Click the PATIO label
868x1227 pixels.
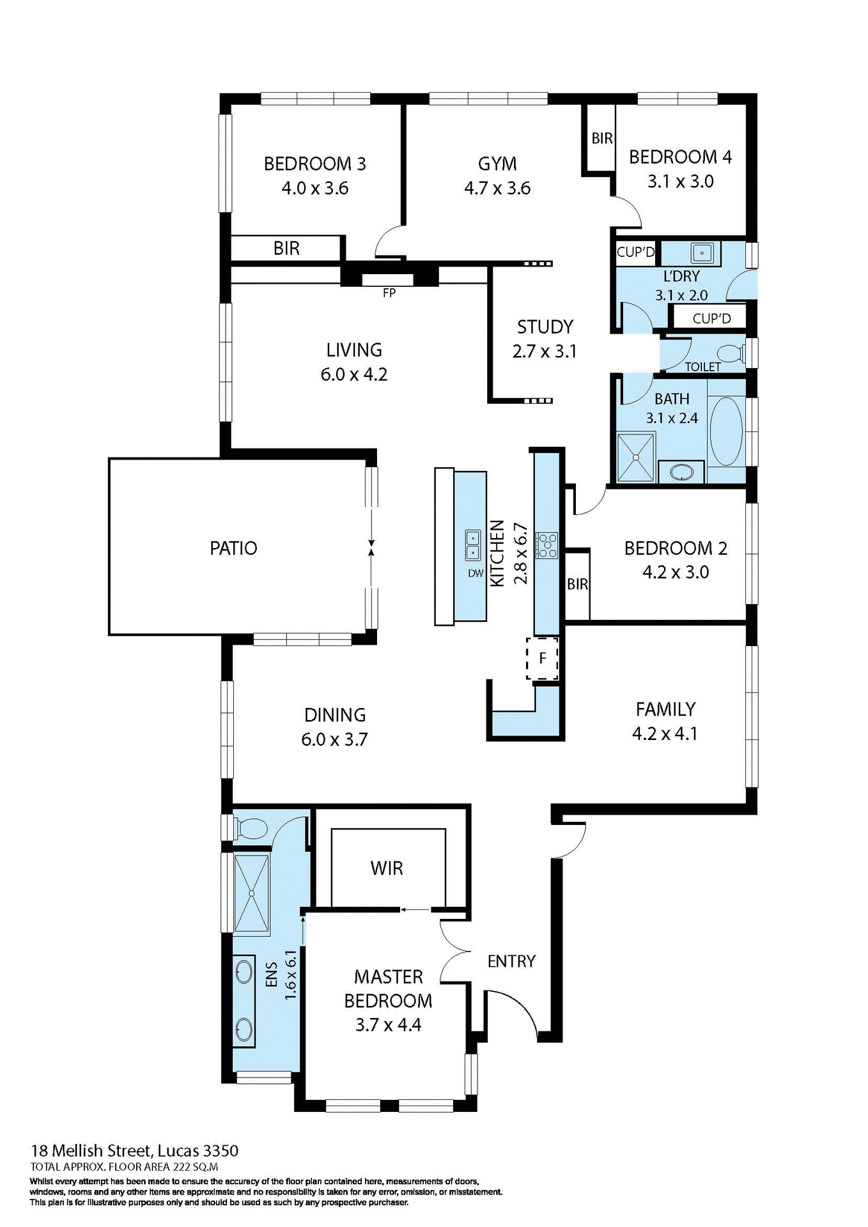(233, 548)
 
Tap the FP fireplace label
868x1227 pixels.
(389, 293)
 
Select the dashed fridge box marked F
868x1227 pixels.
(542, 658)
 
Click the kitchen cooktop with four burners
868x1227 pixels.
(547, 545)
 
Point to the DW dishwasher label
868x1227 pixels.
(476, 573)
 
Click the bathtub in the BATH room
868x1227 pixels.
(725, 431)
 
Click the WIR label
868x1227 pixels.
(387, 868)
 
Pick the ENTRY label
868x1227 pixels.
(511, 961)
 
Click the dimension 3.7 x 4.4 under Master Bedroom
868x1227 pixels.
(388, 1025)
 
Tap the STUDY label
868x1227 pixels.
(545, 327)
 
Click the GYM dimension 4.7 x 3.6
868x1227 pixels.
(497, 189)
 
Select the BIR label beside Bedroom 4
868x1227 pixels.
(601, 139)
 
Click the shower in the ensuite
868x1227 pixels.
(251, 894)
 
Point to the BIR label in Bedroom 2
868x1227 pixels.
(577, 584)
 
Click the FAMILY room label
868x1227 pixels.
(665, 709)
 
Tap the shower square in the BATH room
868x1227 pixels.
(635, 457)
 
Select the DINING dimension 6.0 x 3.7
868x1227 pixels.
(334, 739)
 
